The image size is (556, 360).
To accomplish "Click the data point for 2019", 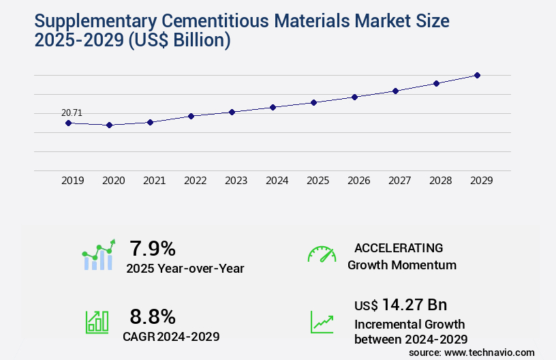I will tap(68, 123).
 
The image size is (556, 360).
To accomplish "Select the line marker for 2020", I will tap(109, 125).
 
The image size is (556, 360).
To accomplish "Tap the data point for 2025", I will tap(313, 102).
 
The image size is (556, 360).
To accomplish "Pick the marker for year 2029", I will tap(477, 75).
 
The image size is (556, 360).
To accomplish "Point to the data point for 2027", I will tap(395, 91).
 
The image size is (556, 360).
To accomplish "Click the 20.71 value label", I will tap(72, 112).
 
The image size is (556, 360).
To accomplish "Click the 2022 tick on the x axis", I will tap(195, 181).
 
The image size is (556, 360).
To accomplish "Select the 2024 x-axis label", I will tap(277, 181).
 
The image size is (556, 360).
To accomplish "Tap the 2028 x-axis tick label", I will tap(440, 181).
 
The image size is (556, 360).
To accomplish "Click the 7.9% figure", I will tap(153, 248).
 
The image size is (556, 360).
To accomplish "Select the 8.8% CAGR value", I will tap(153, 316).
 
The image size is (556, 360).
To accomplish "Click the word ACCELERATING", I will tap(399, 248).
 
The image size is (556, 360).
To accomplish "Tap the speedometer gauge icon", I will tap(322, 254).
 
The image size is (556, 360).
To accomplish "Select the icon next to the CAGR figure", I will tap(97, 322).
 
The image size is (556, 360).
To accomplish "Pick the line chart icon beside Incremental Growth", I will tap(322, 322).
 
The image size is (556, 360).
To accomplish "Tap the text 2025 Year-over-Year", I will tap(185, 269).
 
